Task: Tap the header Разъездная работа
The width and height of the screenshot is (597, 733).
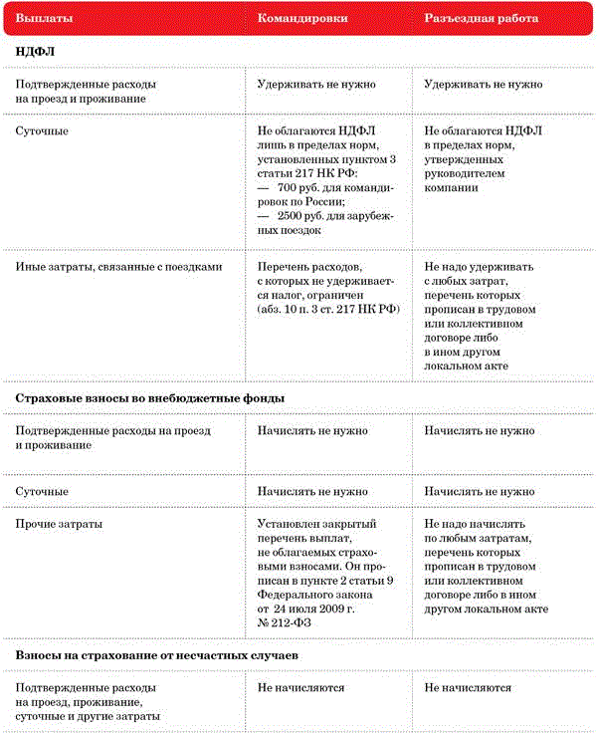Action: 482,19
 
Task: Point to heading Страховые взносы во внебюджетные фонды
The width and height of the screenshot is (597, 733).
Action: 150,398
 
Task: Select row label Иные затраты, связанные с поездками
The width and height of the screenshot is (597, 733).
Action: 118,267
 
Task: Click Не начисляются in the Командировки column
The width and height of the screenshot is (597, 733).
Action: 300,688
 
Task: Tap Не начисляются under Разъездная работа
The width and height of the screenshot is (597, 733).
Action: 468,688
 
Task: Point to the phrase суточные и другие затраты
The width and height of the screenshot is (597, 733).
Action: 89,716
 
